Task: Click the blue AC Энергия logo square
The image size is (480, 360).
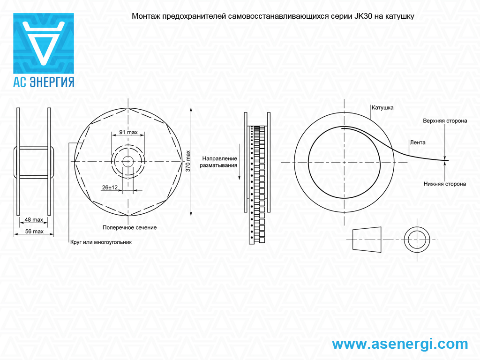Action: (x=44, y=43)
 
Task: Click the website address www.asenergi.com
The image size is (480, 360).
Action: (x=400, y=344)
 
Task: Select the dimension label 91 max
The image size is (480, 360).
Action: (x=128, y=132)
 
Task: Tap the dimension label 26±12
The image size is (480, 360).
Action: (x=110, y=187)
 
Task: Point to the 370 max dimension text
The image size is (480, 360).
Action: (x=188, y=161)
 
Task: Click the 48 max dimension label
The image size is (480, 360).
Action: (x=34, y=220)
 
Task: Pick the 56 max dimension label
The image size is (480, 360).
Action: (x=34, y=232)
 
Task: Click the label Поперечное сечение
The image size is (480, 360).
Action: (x=129, y=227)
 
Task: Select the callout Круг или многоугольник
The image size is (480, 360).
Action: (x=101, y=242)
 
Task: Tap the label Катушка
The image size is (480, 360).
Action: (x=382, y=108)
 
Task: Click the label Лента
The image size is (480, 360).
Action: (x=418, y=142)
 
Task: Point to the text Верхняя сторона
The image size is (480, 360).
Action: (x=445, y=121)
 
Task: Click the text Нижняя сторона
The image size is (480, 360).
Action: (x=445, y=184)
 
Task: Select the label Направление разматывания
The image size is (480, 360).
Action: (x=218, y=162)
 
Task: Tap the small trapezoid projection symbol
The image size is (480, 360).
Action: (x=367, y=240)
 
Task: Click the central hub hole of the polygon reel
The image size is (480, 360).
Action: (x=128, y=161)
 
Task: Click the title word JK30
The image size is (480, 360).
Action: (x=363, y=16)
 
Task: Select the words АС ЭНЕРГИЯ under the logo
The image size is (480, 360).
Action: (x=44, y=82)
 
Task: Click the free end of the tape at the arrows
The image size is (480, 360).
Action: (x=448, y=160)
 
